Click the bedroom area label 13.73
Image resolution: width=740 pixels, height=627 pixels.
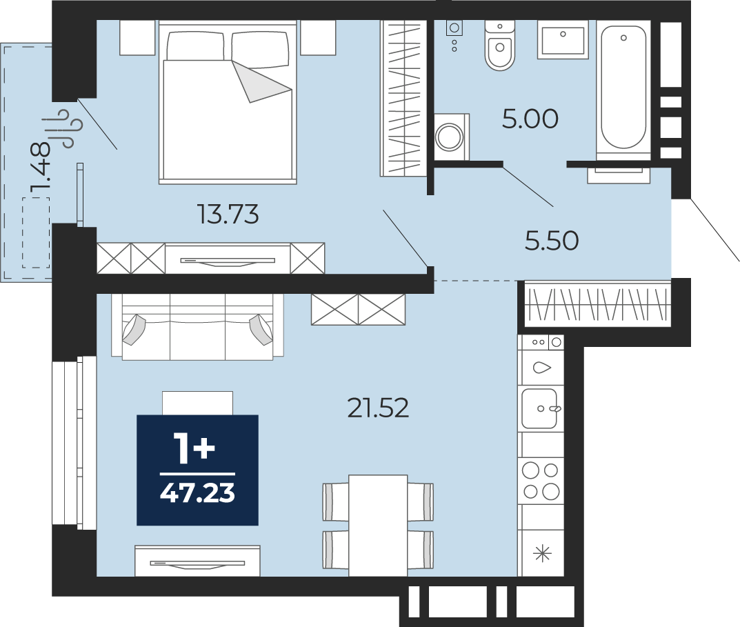[228, 215]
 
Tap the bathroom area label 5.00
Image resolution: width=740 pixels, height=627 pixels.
[530, 119]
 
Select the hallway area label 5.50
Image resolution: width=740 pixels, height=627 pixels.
[552, 240]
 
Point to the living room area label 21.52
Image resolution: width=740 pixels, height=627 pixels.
[378, 408]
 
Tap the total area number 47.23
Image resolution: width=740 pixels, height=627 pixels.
[197, 493]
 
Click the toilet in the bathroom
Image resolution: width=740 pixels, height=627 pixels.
[500, 46]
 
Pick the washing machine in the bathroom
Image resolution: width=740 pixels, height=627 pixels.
[451, 137]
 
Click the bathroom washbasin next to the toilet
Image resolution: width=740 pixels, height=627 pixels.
[563, 40]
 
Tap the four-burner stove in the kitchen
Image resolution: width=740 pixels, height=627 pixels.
[541, 481]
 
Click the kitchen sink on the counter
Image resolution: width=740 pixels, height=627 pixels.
[541, 408]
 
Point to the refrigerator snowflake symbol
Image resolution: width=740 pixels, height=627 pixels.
[542, 553]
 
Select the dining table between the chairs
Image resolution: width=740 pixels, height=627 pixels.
[378, 526]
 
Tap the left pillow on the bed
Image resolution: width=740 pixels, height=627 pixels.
[196, 46]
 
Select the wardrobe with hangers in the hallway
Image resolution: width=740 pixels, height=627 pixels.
[597, 304]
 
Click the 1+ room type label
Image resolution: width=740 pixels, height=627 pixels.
[194, 448]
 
